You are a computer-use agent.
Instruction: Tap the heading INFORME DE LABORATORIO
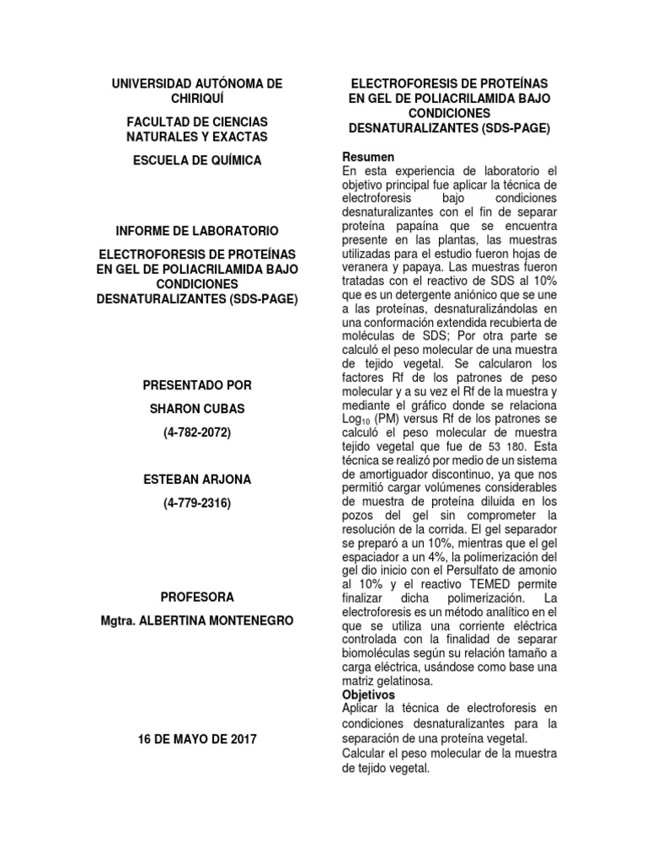[x=198, y=230]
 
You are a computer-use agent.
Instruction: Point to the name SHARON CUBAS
[x=198, y=409]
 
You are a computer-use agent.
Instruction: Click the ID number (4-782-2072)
[x=198, y=433]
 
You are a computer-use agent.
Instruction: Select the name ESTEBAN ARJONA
[x=198, y=480]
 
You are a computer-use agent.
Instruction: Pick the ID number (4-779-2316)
[x=198, y=504]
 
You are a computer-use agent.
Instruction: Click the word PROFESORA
[x=198, y=597]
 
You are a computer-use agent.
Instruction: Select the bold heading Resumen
[x=367, y=158]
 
